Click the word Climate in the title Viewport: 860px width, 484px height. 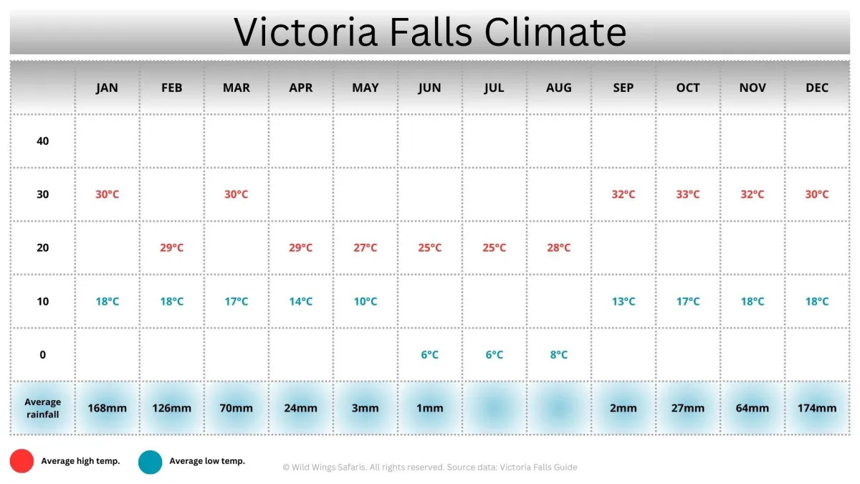pyautogui.click(x=555, y=32)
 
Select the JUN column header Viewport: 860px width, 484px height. pyautogui.click(x=429, y=88)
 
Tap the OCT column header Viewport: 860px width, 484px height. pyautogui.click(x=687, y=88)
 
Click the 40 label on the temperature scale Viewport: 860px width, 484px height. pyautogui.click(x=42, y=141)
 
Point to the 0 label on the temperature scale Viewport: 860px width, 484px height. pyautogui.click(x=42, y=354)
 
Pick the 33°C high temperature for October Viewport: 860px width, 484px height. pyautogui.click(x=687, y=194)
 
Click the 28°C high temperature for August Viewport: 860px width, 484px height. pyautogui.click(x=558, y=248)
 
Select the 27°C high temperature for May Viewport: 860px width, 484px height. pyautogui.click(x=365, y=248)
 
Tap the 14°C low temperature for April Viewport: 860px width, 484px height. pyautogui.click(x=300, y=301)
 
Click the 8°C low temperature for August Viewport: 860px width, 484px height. pyautogui.click(x=558, y=354)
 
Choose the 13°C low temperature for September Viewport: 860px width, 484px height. pyautogui.click(x=623, y=301)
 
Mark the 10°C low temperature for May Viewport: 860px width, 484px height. pyautogui.click(x=365, y=301)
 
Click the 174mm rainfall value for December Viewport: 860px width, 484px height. pyautogui.click(x=816, y=408)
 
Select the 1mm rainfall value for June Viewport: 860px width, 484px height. pyautogui.click(x=429, y=408)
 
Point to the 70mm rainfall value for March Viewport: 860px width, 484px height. pyautogui.click(x=236, y=408)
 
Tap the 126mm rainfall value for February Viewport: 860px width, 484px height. pyautogui.click(x=171, y=408)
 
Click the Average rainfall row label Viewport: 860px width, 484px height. pyautogui.click(x=42, y=408)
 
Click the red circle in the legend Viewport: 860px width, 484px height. pyautogui.click(x=21, y=461)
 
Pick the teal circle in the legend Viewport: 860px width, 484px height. pyautogui.click(x=150, y=462)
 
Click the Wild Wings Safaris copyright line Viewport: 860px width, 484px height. pyautogui.click(x=429, y=467)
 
